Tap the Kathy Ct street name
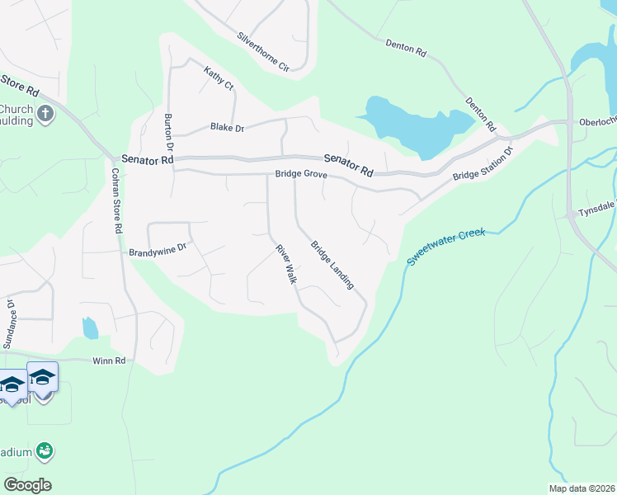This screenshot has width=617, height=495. tap(219, 78)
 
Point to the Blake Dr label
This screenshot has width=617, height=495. tap(228, 127)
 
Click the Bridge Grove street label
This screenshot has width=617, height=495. tap(301, 175)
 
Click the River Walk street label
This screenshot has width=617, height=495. tap(285, 265)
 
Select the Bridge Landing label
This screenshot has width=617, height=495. tap(332, 265)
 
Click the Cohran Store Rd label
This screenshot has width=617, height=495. tap(117, 200)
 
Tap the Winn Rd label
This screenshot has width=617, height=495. tap(108, 361)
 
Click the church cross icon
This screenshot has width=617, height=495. tap(45, 113)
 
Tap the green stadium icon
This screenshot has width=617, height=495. tap(45, 450)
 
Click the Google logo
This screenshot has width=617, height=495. tap(27, 485)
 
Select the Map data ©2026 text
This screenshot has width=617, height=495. tap(582, 488)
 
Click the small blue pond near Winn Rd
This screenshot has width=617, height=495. tap(90, 328)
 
